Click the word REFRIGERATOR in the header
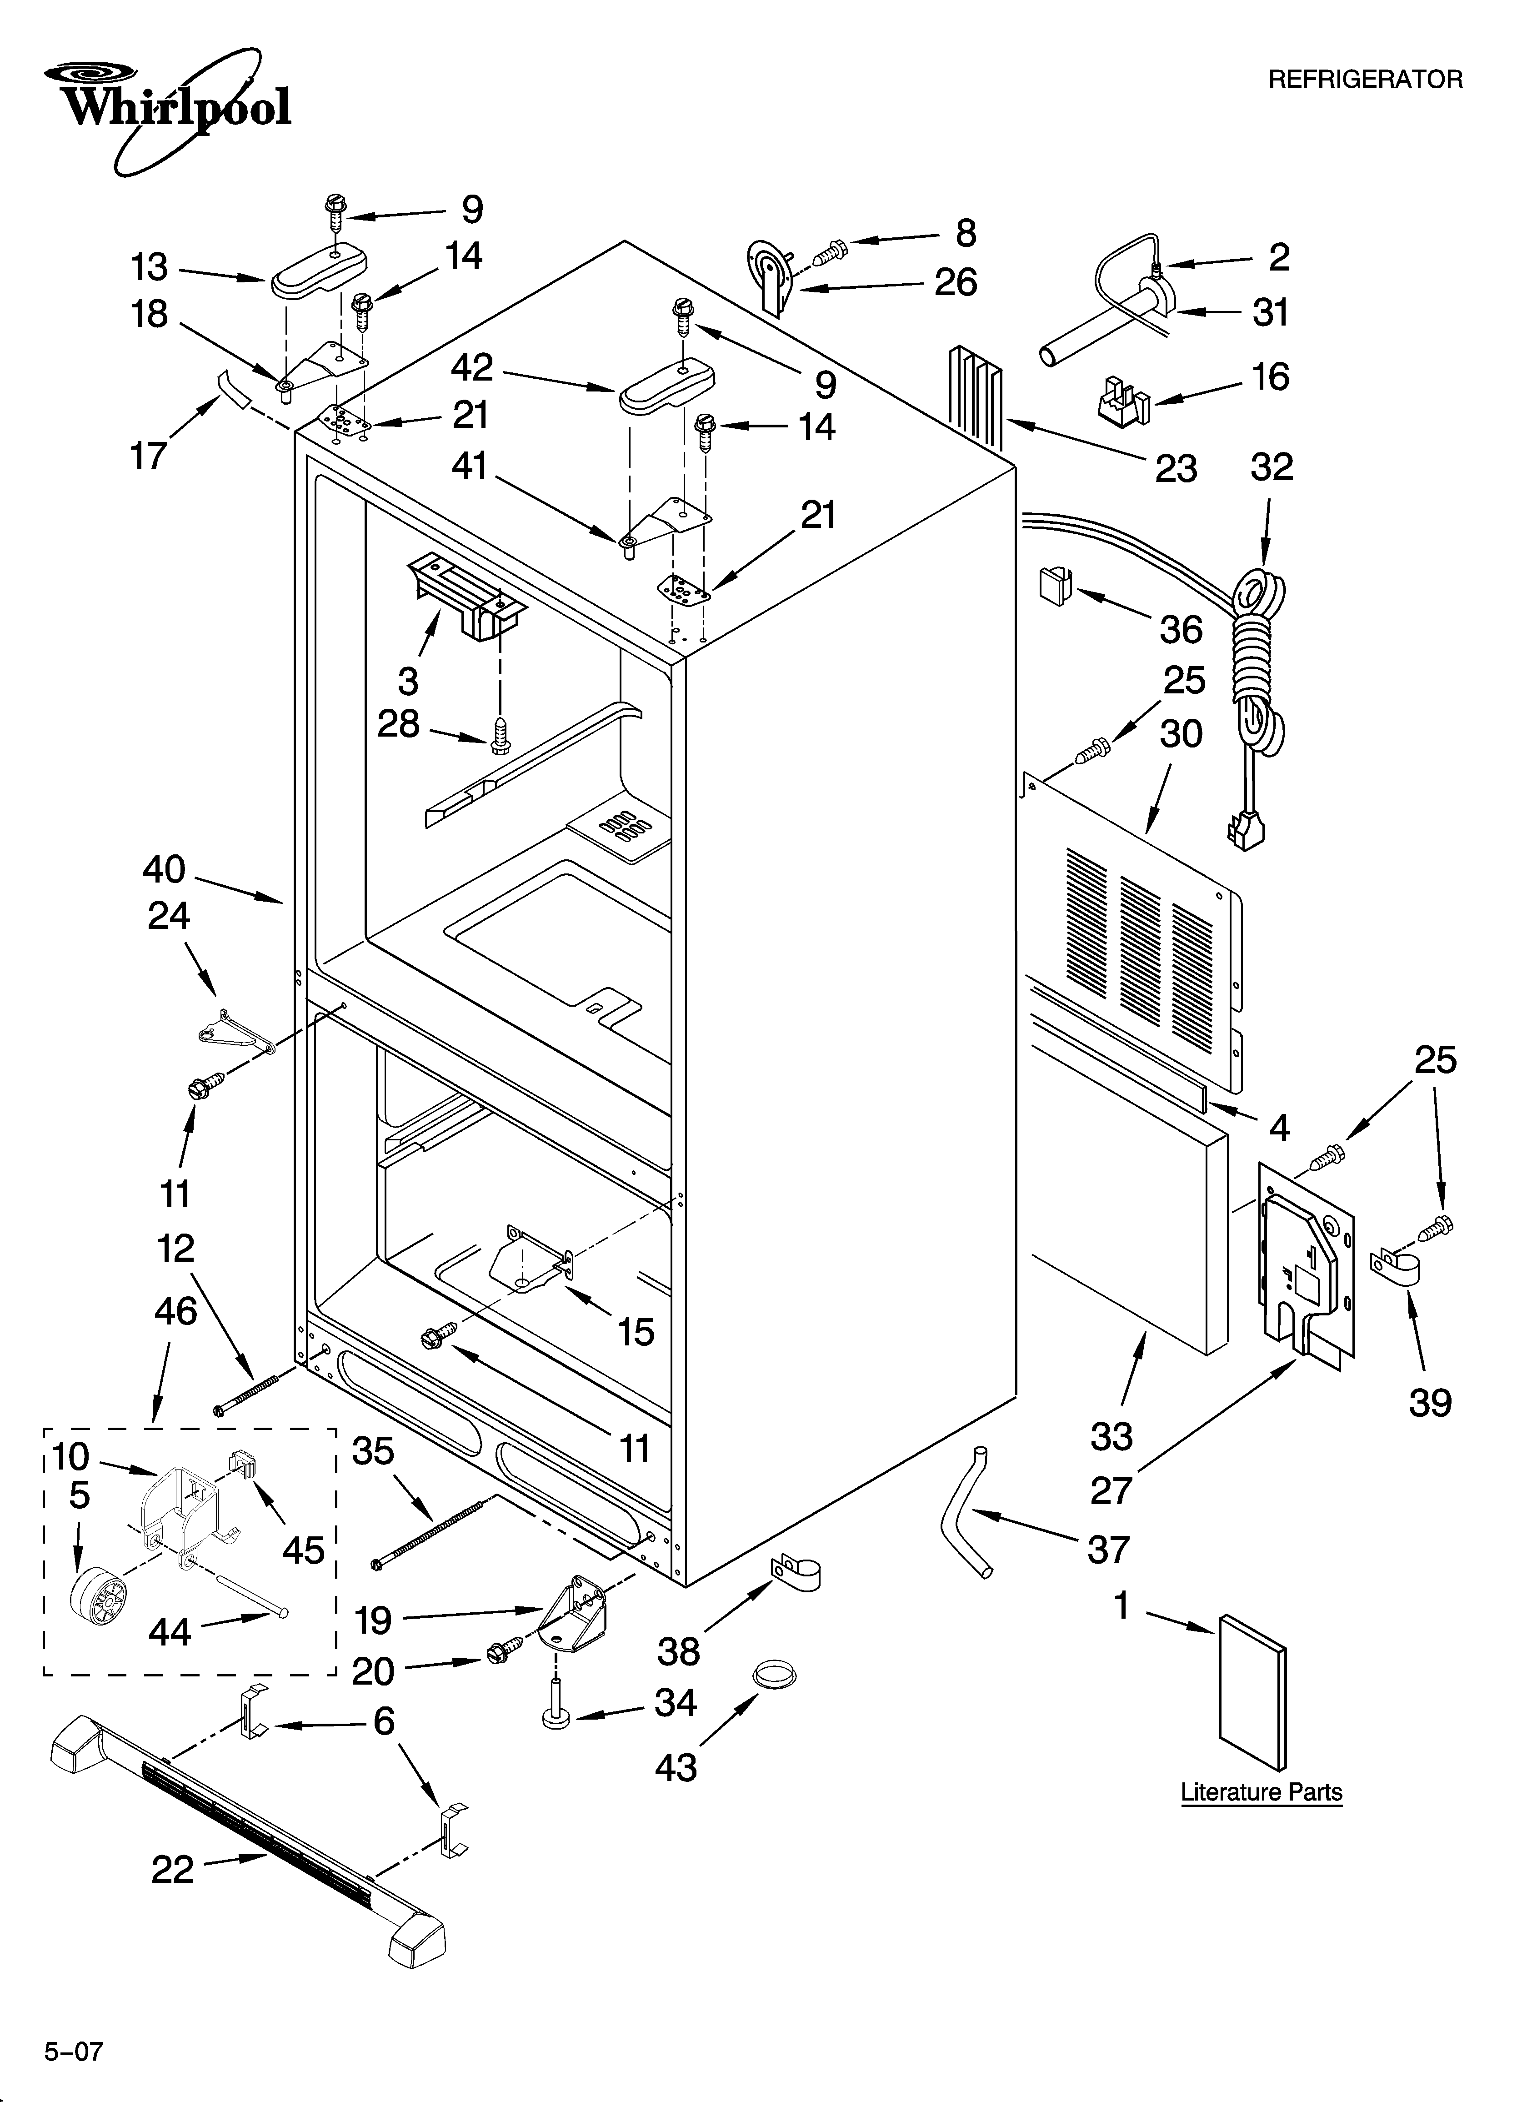[x=1364, y=80]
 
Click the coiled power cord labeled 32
[x=1256, y=667]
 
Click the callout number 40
[x=164, y=869]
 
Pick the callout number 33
[x=1111, y=1436]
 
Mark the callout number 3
[x=408, y=681]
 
